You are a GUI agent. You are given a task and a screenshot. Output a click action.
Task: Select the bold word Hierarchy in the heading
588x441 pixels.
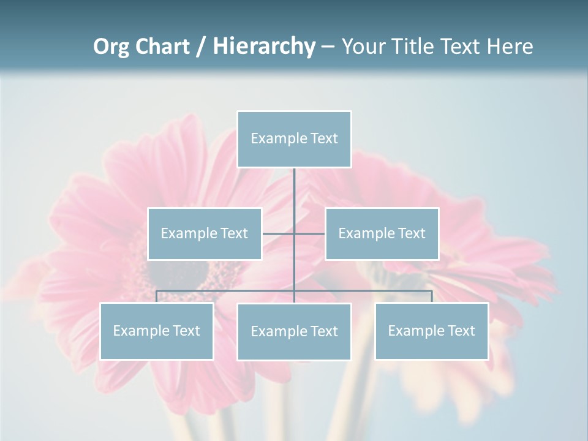263,47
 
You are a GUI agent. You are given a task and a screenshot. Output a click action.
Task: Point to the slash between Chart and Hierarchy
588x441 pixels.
201,47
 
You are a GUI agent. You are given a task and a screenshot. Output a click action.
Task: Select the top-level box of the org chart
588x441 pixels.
294,139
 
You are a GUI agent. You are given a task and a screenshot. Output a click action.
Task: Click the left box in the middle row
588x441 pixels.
205,233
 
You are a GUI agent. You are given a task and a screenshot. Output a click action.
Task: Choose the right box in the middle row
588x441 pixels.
382,233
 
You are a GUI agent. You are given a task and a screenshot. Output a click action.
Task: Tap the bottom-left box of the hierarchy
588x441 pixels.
157,331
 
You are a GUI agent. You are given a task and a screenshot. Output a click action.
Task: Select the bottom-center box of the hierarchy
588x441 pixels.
294,331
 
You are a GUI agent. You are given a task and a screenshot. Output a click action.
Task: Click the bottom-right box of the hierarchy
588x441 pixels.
432,331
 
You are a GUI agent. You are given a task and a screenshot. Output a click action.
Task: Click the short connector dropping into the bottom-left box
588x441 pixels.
157,296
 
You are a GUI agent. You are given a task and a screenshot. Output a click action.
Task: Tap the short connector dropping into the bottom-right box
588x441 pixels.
432,296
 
